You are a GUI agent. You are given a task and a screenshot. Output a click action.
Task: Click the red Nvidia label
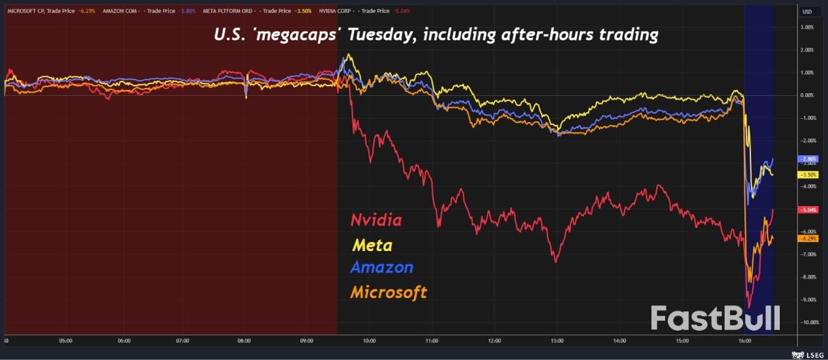click(376, 220)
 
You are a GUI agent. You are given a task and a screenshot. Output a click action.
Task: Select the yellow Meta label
click(372, 245)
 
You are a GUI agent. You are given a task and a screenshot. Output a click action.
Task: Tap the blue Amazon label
click(381, 267)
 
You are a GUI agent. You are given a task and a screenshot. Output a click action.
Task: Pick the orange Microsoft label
click(389, 291)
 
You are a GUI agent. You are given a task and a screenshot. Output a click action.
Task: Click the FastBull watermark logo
click(715, 318)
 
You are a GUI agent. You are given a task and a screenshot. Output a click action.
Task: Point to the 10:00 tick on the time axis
click(370, 340)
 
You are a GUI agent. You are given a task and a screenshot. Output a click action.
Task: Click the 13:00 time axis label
click(557, 340)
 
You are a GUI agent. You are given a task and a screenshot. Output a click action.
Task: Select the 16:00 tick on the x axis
click(745, 340)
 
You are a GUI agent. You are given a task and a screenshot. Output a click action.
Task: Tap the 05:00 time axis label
click(65, 340)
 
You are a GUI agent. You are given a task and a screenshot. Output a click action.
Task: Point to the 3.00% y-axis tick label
click(806, 27)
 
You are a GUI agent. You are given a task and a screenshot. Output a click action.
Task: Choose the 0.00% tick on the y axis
click(806, 95)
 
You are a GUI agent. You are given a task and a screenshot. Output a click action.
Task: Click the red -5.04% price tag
click(807, 210)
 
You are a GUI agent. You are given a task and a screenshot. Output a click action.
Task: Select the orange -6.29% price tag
click(807, 239)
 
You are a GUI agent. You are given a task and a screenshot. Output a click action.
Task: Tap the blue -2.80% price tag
click(807, 159)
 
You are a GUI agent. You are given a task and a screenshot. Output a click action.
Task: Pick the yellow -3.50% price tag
click(807, 175)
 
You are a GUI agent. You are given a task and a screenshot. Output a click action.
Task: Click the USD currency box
click(807, 12)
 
